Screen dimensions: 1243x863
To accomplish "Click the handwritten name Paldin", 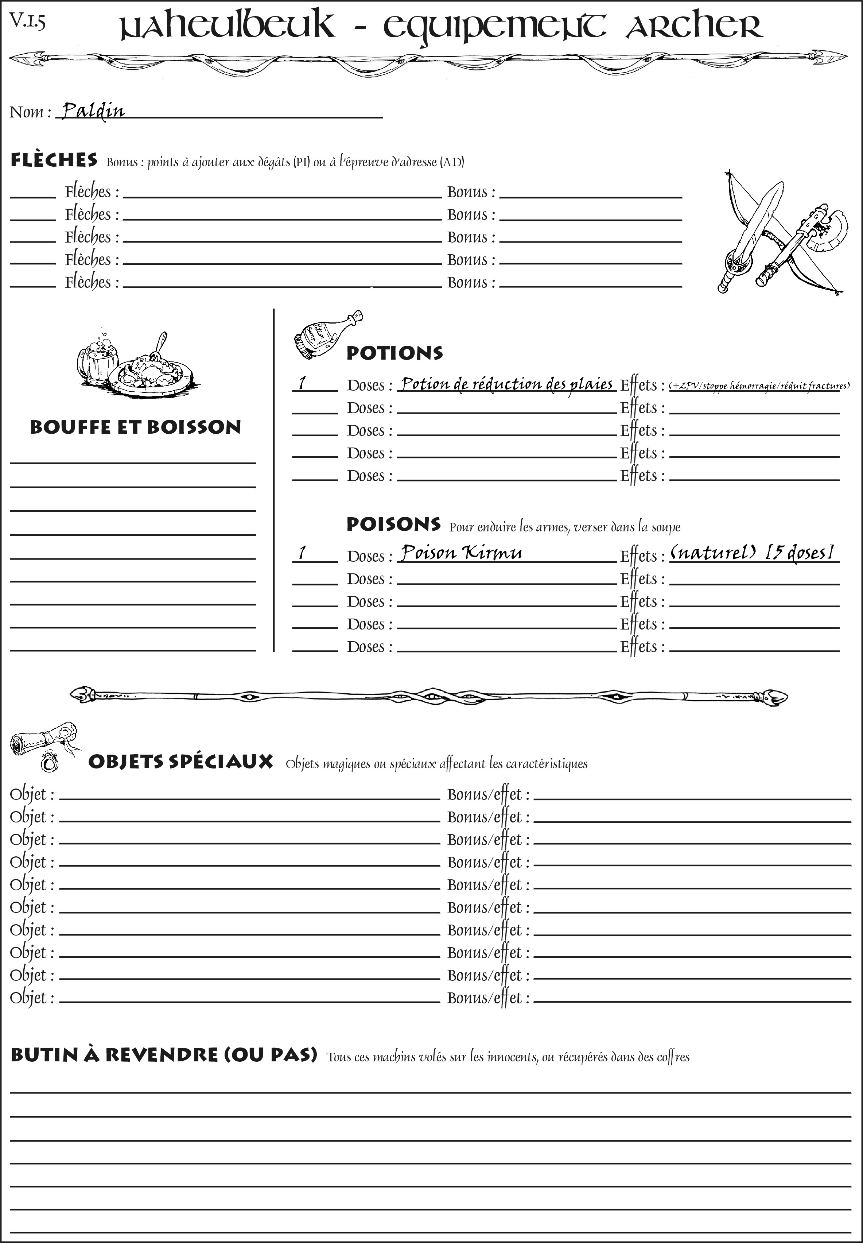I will pyautogui.click(x=93, y=111).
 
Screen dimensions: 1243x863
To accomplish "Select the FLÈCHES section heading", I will pyautogui.click(x=54, y=160).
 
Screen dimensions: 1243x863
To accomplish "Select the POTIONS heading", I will pyautogui.click(x=394, y=353).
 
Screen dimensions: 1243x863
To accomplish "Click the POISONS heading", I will pyautogui.click(x=393, y=524).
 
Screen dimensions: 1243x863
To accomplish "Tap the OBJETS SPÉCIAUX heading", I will pyautogui.click(x=180, y=762).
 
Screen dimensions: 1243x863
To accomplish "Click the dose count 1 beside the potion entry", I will pyautogui.click(x=302, y=383).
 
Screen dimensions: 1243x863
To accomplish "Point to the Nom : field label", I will pyautogui.click(x=30, y=112).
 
